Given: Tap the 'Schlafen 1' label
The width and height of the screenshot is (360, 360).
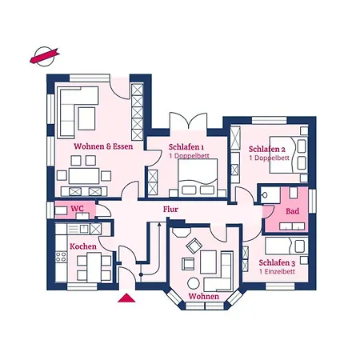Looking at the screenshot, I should coord(186,147).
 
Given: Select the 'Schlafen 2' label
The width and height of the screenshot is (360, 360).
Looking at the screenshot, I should coord(266,149).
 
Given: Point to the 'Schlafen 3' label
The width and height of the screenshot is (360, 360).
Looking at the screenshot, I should coord(277,262).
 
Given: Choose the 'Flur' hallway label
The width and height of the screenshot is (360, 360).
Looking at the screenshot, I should coord(170,210).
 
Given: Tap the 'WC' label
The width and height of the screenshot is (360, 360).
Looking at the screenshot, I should coord(78,209).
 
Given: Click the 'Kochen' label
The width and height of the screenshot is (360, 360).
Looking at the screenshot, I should coord(83,246).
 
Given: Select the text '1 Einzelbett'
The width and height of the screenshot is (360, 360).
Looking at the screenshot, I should coord(277,272).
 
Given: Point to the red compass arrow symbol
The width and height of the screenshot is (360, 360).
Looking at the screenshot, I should coord(42,56).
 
